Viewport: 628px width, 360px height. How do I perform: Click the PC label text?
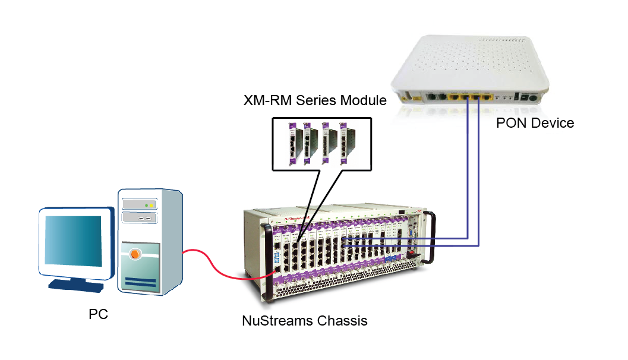coord(98,314)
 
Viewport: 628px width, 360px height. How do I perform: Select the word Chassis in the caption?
coord(342,321)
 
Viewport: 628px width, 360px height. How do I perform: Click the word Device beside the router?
coord(554,123)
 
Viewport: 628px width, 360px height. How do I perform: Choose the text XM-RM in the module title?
coord(267,100)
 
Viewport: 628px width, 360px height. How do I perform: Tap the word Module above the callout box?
coord(363,100)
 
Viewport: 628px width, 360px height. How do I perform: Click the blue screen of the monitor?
coord(73,240)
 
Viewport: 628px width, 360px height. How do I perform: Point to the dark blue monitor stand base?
coord(76,286)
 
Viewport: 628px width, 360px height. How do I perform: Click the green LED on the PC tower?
coord(147,206)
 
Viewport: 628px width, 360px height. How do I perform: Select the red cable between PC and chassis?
coord(216,267)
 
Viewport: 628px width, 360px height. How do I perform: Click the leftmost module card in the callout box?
coord(293,144)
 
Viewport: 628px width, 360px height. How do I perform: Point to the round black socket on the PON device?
coord(533,98)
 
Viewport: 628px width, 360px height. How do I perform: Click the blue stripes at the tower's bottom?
coord(140,282)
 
